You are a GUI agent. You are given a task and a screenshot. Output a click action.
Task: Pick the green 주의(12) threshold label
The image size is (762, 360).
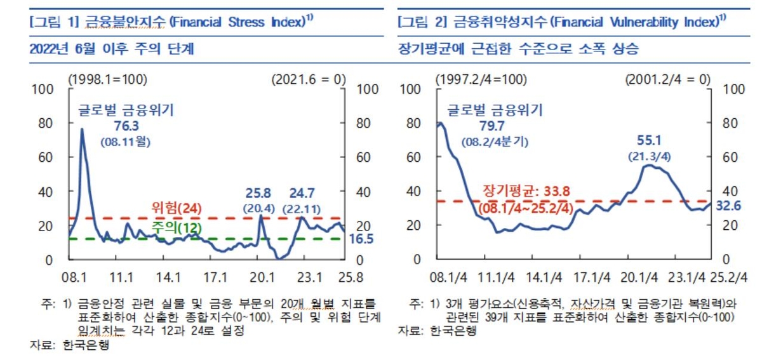(173, 227)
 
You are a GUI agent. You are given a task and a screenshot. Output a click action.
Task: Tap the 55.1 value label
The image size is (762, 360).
(650, 139)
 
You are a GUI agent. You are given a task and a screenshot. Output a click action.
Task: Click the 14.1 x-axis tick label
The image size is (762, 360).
(168, 277)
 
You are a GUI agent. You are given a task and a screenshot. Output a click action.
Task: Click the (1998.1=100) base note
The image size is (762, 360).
(107, 79)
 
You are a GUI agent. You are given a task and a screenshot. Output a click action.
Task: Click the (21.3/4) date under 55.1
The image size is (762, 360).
(650, 156)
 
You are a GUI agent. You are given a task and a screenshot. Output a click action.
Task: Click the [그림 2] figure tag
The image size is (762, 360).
(418, 23)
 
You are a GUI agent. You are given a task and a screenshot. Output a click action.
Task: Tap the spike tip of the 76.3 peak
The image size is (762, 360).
(82, 130)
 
